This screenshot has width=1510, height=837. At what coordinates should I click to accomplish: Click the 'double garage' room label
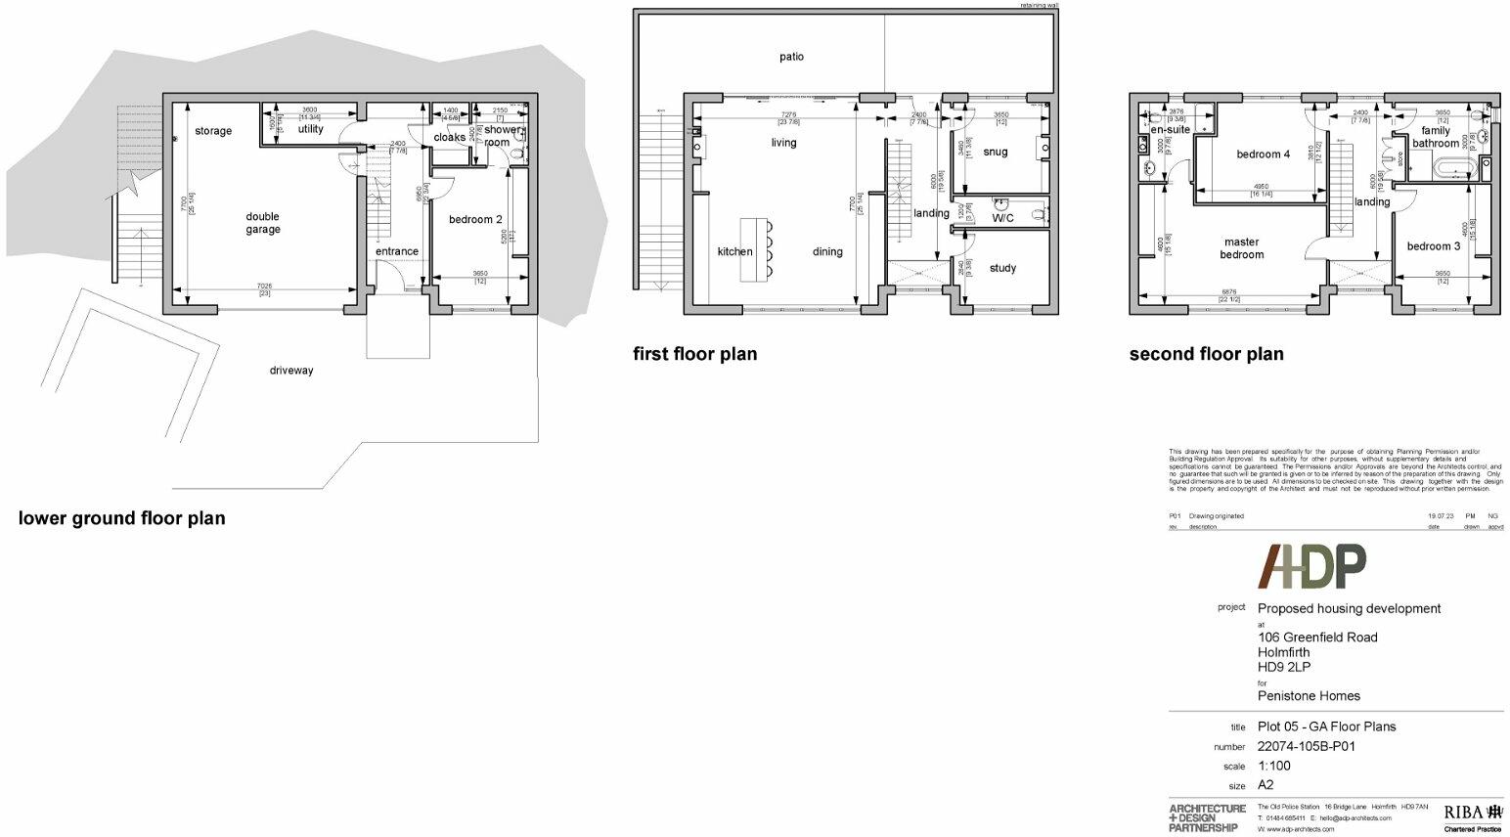click(x=262, y=223)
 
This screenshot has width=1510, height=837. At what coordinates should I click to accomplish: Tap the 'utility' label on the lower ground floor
click(x=310, y=129)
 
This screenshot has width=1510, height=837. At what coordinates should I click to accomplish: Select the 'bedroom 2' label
click(x=475, y=219)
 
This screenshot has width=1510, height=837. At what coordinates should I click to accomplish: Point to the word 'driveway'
click(x=291, y=371)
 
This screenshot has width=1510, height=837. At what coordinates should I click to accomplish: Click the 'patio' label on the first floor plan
click(x=791, y=57)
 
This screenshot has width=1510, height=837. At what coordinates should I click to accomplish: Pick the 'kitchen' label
click(x=734, y=251)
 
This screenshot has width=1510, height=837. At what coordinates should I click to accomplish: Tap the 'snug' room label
click(x=995, y=152)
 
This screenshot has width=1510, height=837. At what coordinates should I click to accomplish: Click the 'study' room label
click(x=1002, y=268)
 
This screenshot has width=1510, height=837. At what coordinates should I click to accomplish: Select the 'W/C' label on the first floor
click(x=1002, y=218)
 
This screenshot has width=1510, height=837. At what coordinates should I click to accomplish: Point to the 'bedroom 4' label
click(x=1263, y=154)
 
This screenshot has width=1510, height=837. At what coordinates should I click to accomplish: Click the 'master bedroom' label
click(x=1241, y=248)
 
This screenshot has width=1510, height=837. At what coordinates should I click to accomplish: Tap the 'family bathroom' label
click(x=1435, y=137)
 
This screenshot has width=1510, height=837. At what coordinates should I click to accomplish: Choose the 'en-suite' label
click(x=1170, y=130)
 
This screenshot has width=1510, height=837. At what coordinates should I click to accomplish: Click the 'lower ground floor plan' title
click(x=121, y=518)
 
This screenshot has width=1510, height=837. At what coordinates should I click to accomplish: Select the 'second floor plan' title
click(x=1206, y=354)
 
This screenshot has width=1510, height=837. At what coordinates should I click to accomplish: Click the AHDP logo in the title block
click(x=1310, y=566)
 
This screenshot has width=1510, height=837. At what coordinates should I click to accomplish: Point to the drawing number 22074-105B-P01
click(x=1306, y=746)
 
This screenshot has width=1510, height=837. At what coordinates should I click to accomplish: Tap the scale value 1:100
click(x=1273, y=766)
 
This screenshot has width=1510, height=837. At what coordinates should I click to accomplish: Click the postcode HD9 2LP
click(x=1283, y=667)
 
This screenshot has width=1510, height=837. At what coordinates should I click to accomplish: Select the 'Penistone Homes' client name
click(x=1309, y=696)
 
